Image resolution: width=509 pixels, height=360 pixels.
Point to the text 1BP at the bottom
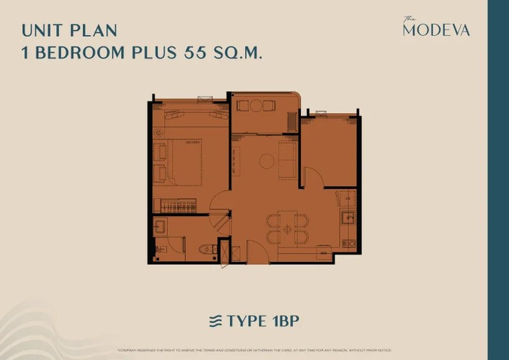coord(280,322)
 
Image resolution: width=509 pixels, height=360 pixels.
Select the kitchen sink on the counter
coord(349,218)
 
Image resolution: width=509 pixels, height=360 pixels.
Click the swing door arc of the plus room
coord(312,177)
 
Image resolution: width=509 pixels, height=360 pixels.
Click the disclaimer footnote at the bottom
coord(254,350)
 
